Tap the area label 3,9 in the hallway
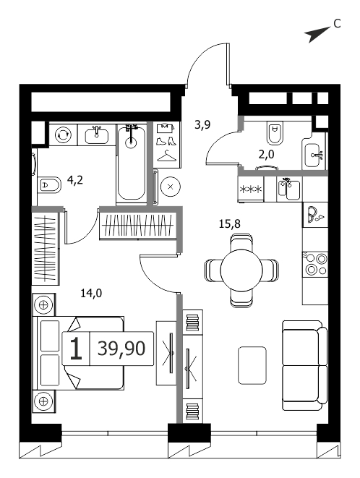[x=202, y=125]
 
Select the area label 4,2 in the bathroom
[x=75, y=180]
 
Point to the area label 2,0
[x=266, y=155]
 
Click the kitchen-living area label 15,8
[x=230, y=224]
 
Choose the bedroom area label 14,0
[x=91, y=294]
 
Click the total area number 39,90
[x=121, y=348]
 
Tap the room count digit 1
[x=76, y=349]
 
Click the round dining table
[x=241, y=270]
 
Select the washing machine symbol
[x=63, y=135]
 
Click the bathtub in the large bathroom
[x=132, y=163]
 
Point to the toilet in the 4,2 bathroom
[x=49, y=184]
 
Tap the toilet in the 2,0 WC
[x=276, y=133]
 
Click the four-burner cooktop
[x=315, y=264]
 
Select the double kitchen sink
[x=289, y=189]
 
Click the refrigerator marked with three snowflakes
[x=251, y=189]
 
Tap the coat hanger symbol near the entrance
[x=166, y=156]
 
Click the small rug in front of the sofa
[x=252, y=365]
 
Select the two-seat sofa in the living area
[x=304, y=365]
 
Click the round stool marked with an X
[x=171, y=187]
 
